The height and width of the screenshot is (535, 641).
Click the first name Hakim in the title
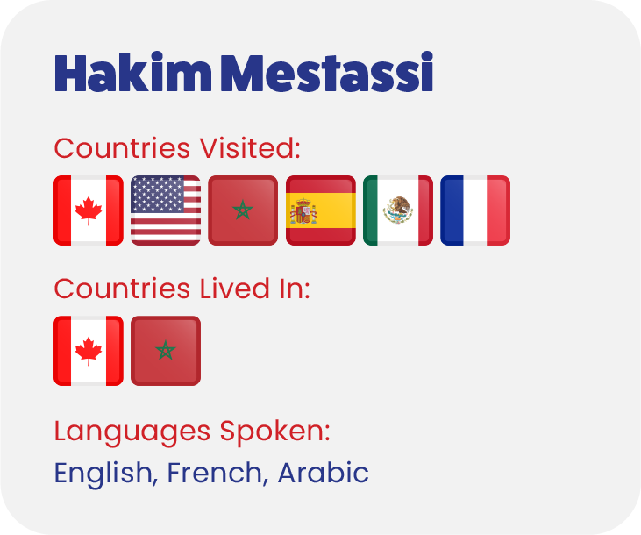pos(133,72)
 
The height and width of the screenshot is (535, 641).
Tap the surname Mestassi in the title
pos(327,72)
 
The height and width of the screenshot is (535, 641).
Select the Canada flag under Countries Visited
pos(89,210)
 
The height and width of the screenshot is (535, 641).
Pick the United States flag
pos(166,210)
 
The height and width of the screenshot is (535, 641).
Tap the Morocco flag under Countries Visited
pos(243,210)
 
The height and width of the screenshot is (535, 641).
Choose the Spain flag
pos(321,210)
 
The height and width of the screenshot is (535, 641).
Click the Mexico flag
pos(398,210)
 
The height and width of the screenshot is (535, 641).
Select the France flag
pos(475,210)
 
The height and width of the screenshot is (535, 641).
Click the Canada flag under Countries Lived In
pos(89,351)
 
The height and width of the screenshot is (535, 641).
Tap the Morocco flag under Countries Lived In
pos(166,351)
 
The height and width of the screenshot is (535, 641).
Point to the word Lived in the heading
pos(234,289)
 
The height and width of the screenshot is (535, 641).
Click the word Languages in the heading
pos(132,432)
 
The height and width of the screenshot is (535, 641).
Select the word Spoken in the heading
pos(275,432)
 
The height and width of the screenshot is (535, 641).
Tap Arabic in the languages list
pos(324,473)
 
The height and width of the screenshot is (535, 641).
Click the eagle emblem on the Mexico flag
pos(398,210)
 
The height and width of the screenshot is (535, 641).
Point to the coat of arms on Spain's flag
pos(303,211)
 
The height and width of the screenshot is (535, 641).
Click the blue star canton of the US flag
pos(157,194)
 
